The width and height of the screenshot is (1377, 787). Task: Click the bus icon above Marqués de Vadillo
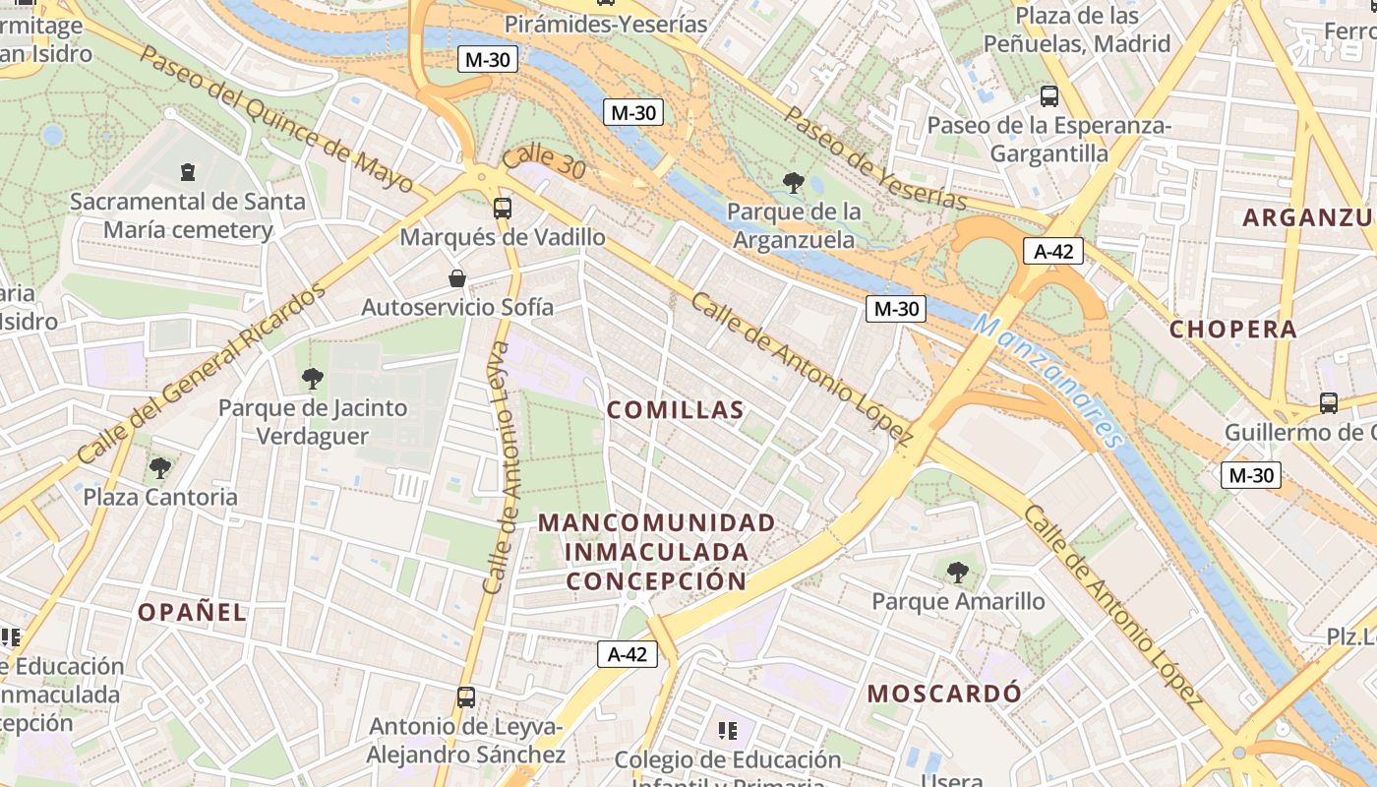tap(503, 208)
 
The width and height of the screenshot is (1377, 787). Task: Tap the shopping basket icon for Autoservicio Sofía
tap(457, 278)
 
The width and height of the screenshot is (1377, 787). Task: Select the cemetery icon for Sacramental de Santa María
tap(188, 172)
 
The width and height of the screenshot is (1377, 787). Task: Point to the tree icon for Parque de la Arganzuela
tap(793, 182)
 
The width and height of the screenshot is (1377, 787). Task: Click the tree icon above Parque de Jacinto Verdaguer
tap(313, 378)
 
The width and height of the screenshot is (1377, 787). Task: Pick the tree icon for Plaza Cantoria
tap(160, 467)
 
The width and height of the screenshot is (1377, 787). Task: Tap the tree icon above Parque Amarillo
tap(957, 572)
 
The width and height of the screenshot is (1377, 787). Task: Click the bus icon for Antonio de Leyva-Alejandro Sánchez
tap(466, 697)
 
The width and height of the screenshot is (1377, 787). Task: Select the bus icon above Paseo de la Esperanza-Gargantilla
tap(1049, 96)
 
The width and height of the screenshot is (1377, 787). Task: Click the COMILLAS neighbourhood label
tap(675, 410)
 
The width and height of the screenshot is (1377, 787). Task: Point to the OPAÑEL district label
tap(192, 612)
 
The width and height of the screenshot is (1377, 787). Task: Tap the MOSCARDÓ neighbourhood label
tap(944, 694)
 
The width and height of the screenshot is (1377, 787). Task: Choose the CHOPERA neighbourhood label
tap(1233, 330)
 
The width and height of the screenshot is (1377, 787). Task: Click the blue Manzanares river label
tap(1048, 382)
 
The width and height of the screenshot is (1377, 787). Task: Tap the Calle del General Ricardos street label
tap(201, 376)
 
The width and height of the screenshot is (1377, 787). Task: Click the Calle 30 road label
tap(544, 163)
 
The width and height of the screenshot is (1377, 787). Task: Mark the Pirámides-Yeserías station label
tap(606, 24)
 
